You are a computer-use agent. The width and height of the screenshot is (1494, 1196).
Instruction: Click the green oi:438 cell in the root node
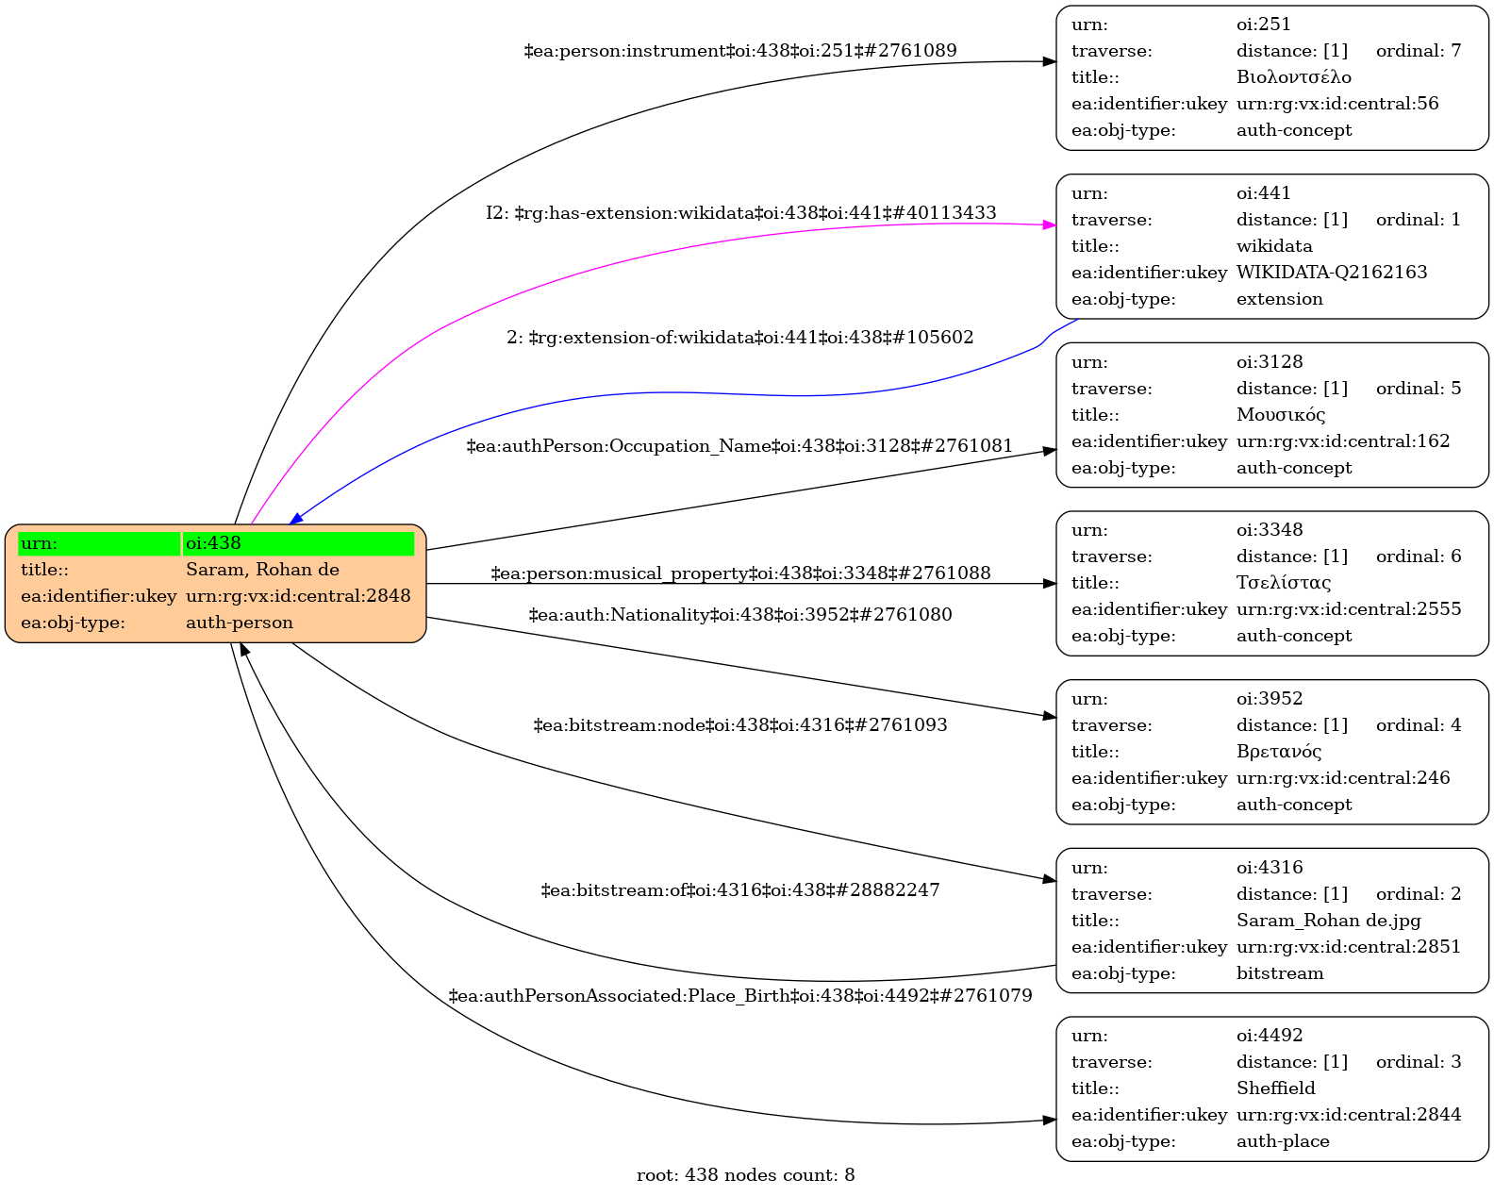(298, 543)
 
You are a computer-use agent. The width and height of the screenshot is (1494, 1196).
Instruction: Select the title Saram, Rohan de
(262, 570)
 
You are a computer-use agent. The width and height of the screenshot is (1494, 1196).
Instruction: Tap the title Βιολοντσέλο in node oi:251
(1293, 77)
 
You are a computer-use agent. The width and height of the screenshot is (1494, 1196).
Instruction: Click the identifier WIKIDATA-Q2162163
(1332, 273)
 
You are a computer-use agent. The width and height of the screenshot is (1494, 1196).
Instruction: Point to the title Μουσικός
(1281, 415)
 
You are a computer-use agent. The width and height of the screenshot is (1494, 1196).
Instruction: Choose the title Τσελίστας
(1284, 583)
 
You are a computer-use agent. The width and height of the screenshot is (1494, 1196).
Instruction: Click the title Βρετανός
(1279, 752)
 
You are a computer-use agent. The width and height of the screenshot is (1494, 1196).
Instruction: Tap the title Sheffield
(1275, 1088)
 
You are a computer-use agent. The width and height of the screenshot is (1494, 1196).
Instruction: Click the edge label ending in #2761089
(740, 51)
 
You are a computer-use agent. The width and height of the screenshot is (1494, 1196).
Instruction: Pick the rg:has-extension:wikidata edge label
(741, 213)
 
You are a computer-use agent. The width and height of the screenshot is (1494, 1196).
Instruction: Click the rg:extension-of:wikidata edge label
(740, 338)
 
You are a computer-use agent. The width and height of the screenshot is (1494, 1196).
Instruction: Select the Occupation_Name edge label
(740, 445)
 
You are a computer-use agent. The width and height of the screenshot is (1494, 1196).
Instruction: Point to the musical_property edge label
(740, 573)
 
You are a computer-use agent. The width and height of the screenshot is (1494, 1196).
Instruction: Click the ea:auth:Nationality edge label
(740, 615)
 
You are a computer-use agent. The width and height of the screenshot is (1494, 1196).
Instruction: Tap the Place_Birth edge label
(740, 996)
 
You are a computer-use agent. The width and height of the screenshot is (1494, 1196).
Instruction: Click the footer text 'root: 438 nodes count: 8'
(745, 1175)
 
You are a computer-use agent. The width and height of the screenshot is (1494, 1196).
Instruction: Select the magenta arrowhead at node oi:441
(1049, 225)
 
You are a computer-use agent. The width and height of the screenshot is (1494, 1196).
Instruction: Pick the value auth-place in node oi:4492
(1283, 1141)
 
